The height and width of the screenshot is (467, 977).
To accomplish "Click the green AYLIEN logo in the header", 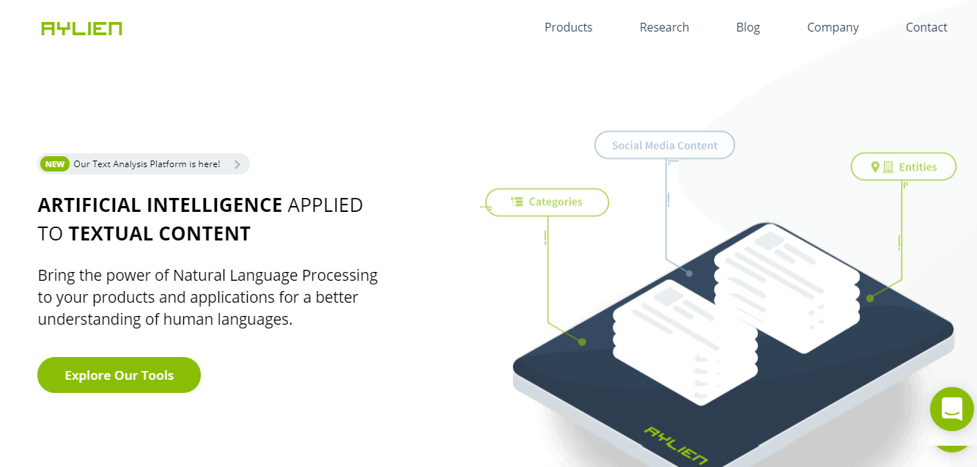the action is click(x=81, y=29).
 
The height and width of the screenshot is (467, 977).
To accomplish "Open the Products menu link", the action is click(x=568, y=28).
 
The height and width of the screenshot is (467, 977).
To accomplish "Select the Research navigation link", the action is click(x=664, y=28).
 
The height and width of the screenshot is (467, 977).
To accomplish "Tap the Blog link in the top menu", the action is click(x=748, y=28).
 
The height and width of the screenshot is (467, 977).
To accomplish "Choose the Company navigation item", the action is click(x=833, y=28).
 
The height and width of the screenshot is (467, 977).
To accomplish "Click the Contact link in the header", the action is click(x=926, y=28).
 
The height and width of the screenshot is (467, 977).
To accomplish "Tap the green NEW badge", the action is click(x=55, y=164).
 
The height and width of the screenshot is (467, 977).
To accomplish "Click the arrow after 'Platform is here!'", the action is click(x=237, y=164).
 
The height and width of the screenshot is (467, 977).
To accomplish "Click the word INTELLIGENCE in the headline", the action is click(x=215, y=205).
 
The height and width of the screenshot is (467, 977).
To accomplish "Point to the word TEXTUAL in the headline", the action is click(x=111, y=233).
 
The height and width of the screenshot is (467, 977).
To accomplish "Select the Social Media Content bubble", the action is click(x=665, y=145).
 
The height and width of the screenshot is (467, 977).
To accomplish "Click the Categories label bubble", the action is click(x=548, y=202).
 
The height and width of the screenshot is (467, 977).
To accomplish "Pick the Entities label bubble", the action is click(x=904, y=166).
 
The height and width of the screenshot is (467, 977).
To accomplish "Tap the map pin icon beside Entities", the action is click(x=875, y=167).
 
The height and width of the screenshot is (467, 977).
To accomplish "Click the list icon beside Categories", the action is click(x=517, y=202).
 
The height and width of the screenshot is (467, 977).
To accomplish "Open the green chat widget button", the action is click(x=952, y=409).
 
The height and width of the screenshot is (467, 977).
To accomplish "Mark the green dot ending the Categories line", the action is click(x=582, y=342).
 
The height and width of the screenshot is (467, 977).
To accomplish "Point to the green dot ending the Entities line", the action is click(x=870, y=298).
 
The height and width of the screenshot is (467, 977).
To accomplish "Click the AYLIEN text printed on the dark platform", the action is click(x=676, y=445).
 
